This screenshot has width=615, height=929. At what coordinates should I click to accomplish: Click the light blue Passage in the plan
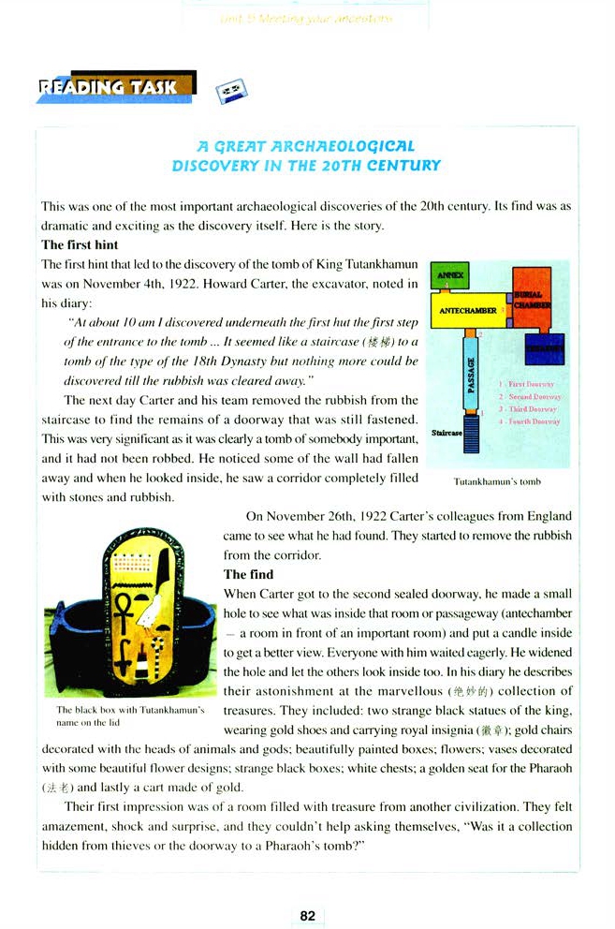tap(471, 375)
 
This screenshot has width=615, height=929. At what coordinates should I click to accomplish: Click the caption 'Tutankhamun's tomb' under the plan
tap(497, 481)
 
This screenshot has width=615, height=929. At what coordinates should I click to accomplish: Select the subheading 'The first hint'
tap(80, 245)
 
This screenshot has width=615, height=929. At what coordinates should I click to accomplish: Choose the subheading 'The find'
tap(248, 574)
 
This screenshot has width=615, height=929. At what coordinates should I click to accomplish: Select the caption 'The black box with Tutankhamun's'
tap(130, 710)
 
